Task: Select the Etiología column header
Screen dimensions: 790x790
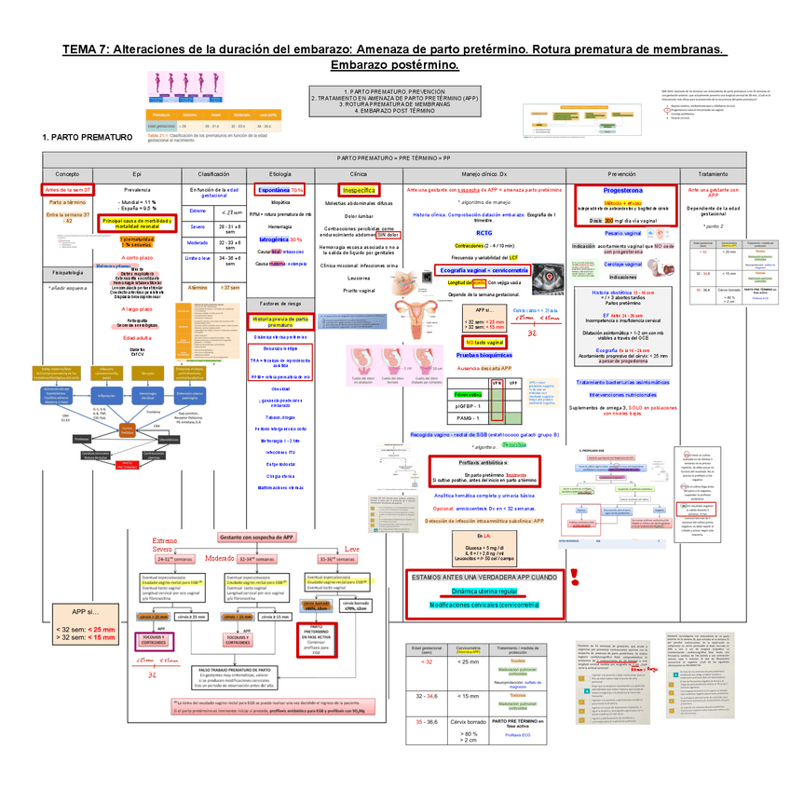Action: click(279, 174)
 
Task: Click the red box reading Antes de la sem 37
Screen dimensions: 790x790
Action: click(67, 189)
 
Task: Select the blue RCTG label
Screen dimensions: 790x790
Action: click(484, 233)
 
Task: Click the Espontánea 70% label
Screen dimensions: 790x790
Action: click(280, 189)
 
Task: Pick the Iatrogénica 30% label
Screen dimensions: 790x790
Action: click(279, 239)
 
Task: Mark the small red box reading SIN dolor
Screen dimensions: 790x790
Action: click(388, 235)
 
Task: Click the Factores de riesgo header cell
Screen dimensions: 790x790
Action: click(279, 304)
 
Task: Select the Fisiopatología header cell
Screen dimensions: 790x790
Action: click(67, 273)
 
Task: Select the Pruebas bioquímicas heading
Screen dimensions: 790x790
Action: click(483, 355)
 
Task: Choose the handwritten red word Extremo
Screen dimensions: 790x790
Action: click(165, 540)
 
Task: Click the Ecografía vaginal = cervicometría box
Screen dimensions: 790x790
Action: click(484, 270)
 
